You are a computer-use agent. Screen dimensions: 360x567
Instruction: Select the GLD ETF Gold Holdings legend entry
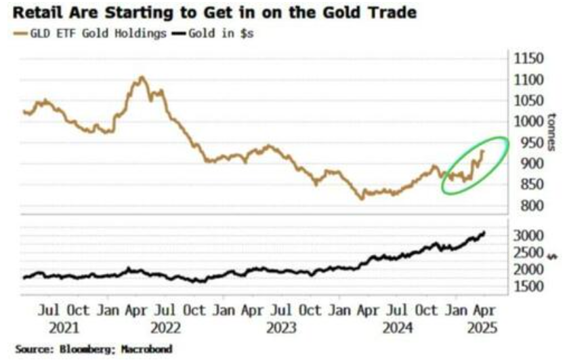coord(95,33)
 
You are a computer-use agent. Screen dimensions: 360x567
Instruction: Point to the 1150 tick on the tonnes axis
coord(528,59)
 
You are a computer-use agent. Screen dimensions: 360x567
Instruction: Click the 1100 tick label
coord(528,80)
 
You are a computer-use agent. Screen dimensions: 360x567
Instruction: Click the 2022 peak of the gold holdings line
coord(141,77)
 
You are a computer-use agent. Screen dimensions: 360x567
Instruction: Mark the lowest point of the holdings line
coord(362,199)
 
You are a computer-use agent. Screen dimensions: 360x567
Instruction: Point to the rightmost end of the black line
coord(484,233)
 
